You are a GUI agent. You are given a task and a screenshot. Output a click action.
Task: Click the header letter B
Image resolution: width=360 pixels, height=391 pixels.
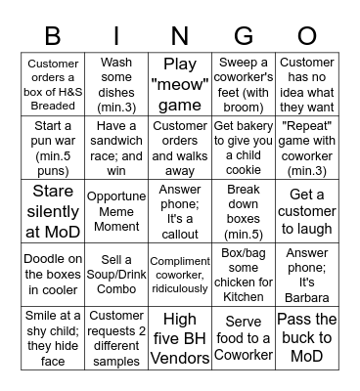tap(54, 37)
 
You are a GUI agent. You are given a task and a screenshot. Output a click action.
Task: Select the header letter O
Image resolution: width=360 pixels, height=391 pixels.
tap(306, 37)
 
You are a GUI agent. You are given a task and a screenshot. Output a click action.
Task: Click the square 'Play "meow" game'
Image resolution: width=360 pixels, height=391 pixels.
tap(180, 85)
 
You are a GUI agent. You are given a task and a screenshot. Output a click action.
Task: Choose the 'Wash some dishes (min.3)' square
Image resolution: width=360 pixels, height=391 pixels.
tap(116, 85)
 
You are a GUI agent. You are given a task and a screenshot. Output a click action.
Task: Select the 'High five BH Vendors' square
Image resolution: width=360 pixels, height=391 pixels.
tap(180, 337)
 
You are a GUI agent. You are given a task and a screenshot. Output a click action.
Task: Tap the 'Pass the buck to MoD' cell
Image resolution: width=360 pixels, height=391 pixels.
tap(306, 337)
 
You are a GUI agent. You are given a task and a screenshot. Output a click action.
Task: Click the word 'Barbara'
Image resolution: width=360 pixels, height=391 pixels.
tap(306, 297)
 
